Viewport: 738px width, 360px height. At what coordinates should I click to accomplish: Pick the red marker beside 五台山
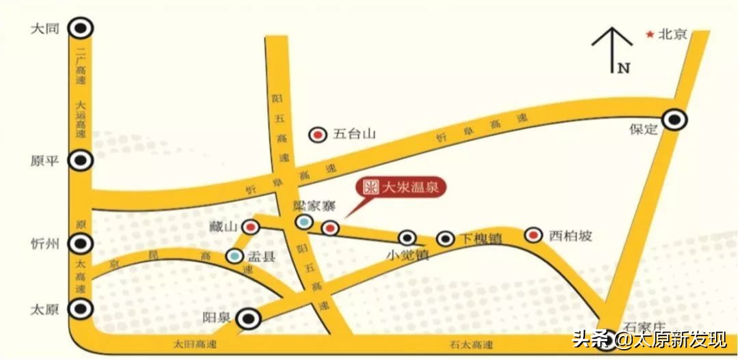point(318,135)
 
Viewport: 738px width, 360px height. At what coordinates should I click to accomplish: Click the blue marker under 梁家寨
point(304,221)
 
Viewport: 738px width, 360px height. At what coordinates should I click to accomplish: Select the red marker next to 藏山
point(251,226)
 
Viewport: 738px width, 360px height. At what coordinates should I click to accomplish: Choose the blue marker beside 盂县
point(234,256)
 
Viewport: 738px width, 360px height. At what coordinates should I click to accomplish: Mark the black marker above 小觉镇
point(407,238)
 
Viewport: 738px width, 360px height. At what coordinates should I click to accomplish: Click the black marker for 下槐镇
point(446,238)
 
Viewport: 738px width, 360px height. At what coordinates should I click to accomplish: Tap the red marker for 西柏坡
point(533,236)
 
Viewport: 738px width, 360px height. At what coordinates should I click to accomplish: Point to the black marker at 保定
point(675,120)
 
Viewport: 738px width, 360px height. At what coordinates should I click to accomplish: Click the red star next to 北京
point(650,33)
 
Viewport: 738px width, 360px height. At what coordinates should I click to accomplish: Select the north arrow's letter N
point(623,68)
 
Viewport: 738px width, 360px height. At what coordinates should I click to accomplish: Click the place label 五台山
point(355,135)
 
